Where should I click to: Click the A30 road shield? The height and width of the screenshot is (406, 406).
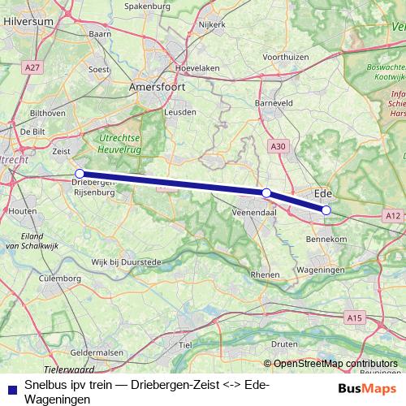pyautogui.click(x=278, y=145)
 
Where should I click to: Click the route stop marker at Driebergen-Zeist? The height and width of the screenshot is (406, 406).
pyautogui.click(x=80, y=174)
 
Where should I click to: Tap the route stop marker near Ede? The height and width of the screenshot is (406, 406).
pyautogui.click(x=326, y=210)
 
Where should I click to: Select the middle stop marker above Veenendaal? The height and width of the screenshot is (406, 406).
pyautogui.click(x=266, y=192)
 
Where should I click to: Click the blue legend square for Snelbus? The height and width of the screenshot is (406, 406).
pyautogui.click(x=10, y=388)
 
